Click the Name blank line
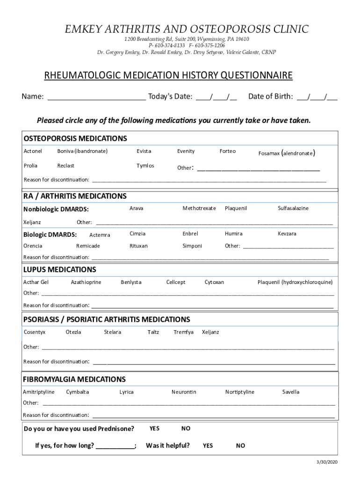click(x=97, y=97)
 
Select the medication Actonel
click(x=33, y=151)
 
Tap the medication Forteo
click(x=228, y=151)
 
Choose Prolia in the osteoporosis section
click(x=30, y=166)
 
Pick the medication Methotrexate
click(x=199, y=208)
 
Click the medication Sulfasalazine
click(x=293, y=208)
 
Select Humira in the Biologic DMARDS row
click(x=233, y=233)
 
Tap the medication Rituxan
click(x=138, y=246)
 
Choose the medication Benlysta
click(x=131, y=282)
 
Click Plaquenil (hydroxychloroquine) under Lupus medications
click(x=295, y=282)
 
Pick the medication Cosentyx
click(x=35, y=332)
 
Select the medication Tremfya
click(x=183, y=332)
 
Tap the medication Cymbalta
click(x=78, y=392)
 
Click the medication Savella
click(x=291, y=392)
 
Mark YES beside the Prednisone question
click(x=154, y=428)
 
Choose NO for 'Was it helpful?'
click(x=240, y=446)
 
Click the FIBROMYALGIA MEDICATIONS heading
click(x=74, y=379)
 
